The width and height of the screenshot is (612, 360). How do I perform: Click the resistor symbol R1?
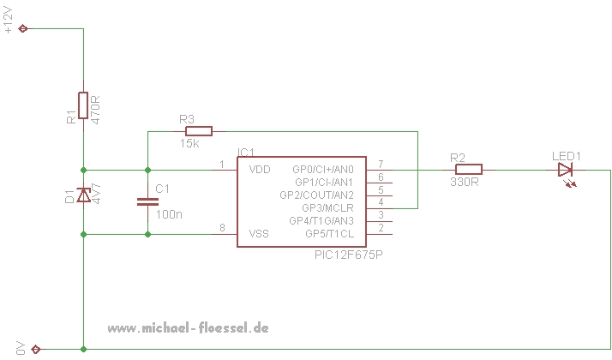pyautogui.click(x=83, y=105)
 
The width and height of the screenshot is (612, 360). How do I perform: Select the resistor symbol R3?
pyautogui.click(x=198, y=131)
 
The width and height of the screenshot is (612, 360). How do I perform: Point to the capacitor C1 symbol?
pyautogui.click(x=147, y=201)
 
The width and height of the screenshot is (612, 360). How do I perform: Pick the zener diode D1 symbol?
pyautogui.click(x=83, y=195)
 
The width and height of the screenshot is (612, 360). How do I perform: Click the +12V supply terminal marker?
pyautogui.click(x=23, y=28)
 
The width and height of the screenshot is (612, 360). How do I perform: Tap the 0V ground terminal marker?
pyautogui.click(x=35, y=349)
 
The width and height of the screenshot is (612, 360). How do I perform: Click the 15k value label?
pyautogui.click(x=190, y=144)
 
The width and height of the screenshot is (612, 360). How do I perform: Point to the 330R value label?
pyautogui.click(x=463, y=183)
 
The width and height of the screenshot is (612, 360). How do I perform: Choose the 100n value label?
pyautogui.click(x=168, y=213)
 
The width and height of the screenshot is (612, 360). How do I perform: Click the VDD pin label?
pyautogui.click(x=259, y=170)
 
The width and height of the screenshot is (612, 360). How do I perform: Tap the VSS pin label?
pyautogui.click(x=259, y=233)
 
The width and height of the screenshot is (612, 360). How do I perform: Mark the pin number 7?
pyautogui.click(x=380, y=164)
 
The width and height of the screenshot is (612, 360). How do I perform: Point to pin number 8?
pyautogui.click(x=222, y=227)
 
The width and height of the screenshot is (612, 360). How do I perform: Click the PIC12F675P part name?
pyautogui.click(x=348, y=255)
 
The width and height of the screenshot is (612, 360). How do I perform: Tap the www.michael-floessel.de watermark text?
pyautogui.click(x=189, y=328)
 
